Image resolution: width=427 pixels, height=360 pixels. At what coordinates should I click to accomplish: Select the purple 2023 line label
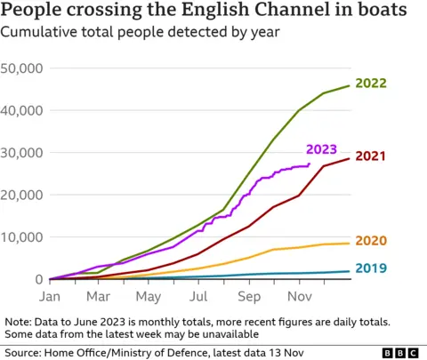[320, 149]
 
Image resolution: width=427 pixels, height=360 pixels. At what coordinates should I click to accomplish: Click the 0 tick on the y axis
[40, 279]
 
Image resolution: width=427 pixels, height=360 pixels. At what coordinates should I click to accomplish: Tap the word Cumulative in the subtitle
[41, 33]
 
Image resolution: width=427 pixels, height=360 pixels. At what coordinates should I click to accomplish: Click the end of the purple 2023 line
[309, 164]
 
